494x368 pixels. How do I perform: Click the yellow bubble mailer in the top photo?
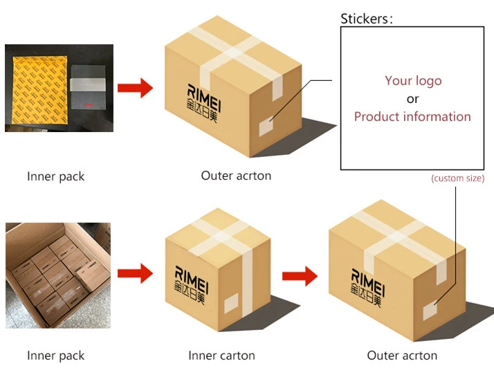(x=39, y=90)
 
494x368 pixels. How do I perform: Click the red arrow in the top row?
(x=135, y=88)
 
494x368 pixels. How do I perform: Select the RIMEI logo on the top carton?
(x=203, y=103)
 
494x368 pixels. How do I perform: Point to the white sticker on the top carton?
(x=266, y=127)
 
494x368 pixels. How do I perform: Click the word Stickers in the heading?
(x=365, y=19)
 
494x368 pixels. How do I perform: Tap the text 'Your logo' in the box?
(x=413, y=81)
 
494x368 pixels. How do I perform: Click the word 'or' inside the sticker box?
(x=412, y=99)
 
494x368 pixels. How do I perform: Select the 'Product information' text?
(x=412, y=117)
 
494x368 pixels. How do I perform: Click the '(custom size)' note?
(x=458, y=178)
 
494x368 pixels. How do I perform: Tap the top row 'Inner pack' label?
(x=56, y=176)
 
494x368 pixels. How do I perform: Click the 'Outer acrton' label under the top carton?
(x=236, y=176)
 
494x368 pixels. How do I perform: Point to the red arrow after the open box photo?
(x=135, y=273)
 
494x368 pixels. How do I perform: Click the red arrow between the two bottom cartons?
(x=300, y=276)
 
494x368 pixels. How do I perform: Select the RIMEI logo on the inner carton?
(x=191, y=285)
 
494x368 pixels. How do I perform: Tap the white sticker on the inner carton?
(x=231, y=303)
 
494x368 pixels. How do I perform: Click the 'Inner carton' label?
(x=221, y=356)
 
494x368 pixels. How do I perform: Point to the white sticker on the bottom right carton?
(x=430, y=311)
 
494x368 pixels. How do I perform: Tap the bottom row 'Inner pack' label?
(x=56, y=356)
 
